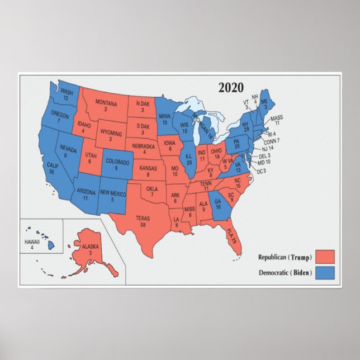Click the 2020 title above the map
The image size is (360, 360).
[231, 87]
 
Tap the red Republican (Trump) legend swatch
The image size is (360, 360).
[324, 257]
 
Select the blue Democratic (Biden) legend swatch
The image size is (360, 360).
[324, 272]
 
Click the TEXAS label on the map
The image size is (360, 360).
[143, 218]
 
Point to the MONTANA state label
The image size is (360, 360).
[106, 103]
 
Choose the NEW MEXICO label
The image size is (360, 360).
[113, 193]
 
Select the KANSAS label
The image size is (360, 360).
[148, 168]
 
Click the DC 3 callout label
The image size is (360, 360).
[260, 170]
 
